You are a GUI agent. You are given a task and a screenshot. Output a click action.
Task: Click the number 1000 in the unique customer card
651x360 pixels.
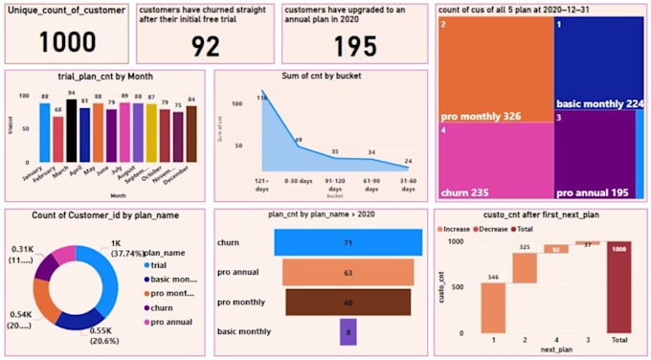coord(68,42)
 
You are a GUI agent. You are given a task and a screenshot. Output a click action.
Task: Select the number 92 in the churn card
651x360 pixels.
coord(205,46)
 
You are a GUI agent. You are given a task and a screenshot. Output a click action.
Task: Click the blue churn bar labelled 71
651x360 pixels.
coord(348,243)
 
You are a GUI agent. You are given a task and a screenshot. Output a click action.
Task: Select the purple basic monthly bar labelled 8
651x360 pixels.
coord(348,331)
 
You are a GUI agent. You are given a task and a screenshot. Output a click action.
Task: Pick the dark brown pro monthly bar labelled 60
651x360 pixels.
coord(348,303)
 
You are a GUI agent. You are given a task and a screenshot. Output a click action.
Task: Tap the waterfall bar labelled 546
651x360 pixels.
coord(493,306)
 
